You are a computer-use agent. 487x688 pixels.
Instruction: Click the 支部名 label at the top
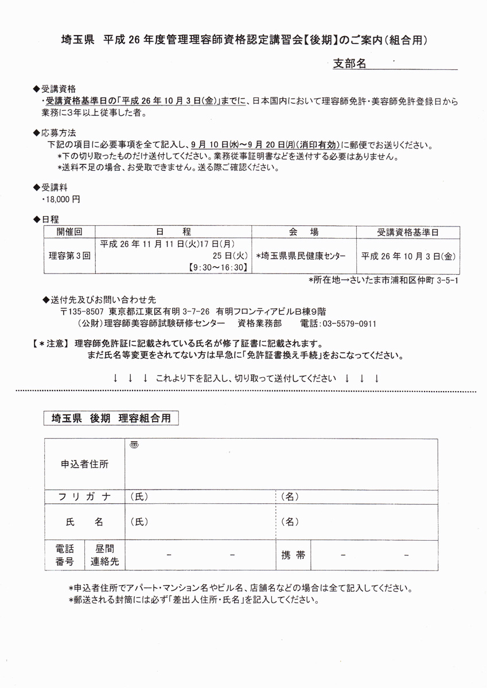click(349, 64)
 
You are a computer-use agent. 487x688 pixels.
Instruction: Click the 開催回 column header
click(70, 232)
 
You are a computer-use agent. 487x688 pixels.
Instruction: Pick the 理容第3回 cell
click(70, 256)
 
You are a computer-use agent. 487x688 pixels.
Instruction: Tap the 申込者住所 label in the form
click(84, 464)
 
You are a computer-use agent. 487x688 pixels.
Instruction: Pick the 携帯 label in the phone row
click(293, 555)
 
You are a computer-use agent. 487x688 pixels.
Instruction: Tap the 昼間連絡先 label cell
click(104, 555)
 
